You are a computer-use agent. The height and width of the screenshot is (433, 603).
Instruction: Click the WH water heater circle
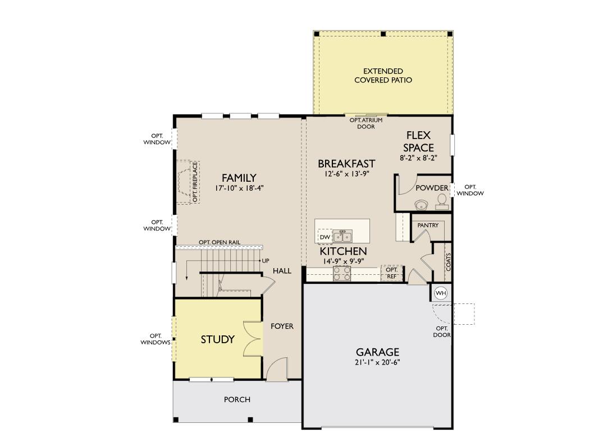[441, 293]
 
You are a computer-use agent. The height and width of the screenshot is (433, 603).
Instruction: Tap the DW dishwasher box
[325, 237]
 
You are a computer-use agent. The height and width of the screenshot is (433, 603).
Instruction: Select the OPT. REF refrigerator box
[392, 273]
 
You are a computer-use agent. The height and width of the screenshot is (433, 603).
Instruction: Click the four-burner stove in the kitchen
[342, 274]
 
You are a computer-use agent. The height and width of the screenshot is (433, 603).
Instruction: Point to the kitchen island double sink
[342, 236]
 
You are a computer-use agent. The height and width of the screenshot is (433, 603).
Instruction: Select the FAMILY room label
[239, 178]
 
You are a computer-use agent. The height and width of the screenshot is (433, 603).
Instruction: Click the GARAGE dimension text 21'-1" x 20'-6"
[378, 362]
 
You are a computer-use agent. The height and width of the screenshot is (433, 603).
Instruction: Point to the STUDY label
[218, 339]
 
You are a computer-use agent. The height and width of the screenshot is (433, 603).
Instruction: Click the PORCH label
[237, 399]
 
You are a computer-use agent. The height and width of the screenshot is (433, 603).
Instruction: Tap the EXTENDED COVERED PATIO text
[383, 76]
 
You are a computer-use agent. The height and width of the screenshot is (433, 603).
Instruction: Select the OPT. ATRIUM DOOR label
[366, 123]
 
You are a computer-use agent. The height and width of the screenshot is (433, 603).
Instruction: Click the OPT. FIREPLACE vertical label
[195, 182]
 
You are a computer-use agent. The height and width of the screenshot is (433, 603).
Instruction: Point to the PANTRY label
[428, 225]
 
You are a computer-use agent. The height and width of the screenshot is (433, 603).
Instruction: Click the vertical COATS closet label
[449, 261]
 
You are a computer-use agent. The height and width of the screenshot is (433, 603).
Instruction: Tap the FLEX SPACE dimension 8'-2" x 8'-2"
[419, 158]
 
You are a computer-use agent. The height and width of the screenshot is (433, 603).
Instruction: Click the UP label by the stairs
[266, 261]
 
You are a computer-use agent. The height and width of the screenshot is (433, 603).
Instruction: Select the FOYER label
[282, 326]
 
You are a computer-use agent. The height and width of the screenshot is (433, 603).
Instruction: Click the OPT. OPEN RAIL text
[220, 242]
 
